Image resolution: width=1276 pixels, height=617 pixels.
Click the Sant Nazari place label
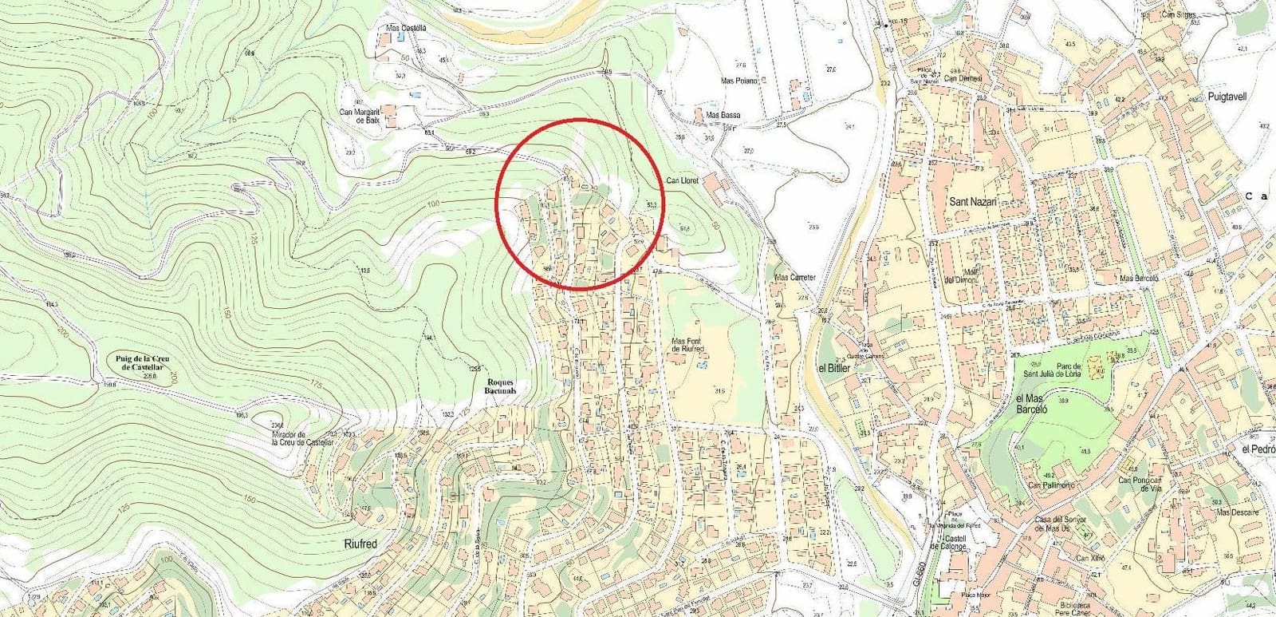click(973, 202)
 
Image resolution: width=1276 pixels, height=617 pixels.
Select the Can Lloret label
click(682, 181)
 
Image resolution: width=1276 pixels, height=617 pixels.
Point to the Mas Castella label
click(406, 28)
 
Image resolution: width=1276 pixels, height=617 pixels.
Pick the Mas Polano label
click(738, 81)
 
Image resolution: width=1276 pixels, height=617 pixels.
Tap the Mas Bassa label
click(723, 115)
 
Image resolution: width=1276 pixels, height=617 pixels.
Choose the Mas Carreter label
click(795, 278)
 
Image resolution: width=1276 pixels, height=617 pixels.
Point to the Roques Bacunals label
click(501, 386)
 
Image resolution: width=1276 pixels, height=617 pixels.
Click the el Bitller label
click(834, 368)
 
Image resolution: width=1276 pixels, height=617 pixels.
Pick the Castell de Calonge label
click(955, 543)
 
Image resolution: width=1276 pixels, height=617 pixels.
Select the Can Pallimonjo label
click(1052, 485)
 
